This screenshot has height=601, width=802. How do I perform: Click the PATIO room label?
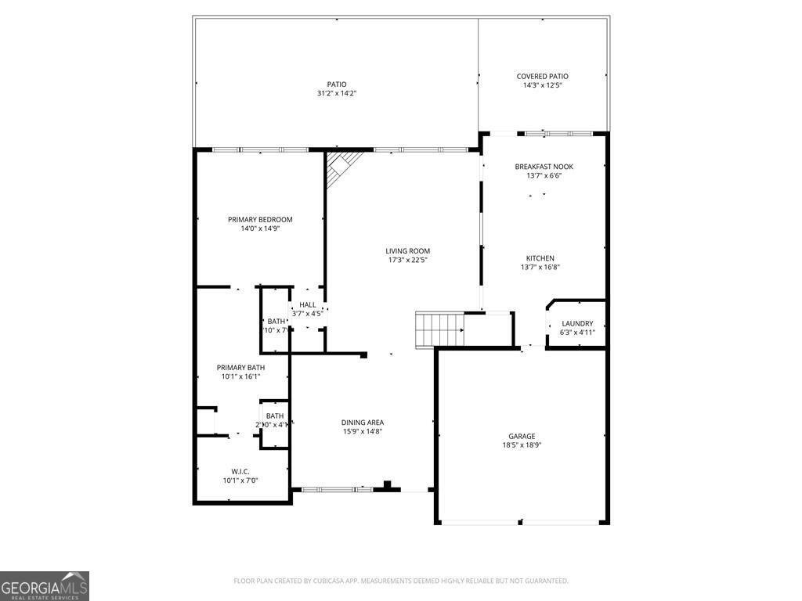click(x=337, y=85)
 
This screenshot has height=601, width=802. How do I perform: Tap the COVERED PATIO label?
click(x=542, y=76)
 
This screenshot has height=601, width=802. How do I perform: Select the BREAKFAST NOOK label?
click(x=544, y=167)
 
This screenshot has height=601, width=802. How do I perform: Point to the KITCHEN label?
click(x=540, y=258)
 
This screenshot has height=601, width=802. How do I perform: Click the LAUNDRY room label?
click(x=577, y=323)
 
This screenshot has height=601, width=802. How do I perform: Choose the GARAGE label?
click(x=522, y=436)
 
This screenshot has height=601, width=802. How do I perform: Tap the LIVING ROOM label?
click(x=408, y=251)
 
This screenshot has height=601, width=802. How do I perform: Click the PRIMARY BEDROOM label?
click(x=260, y=219)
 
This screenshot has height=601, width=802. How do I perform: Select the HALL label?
click(x=307, y=304)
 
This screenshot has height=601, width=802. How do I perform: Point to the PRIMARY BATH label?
click(x=240, y=367)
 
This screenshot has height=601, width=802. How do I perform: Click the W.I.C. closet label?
click(x=240, y=471)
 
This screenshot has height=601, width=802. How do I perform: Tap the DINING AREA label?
click(x=362, y=422)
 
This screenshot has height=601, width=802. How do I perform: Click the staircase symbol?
click(x=439, y=329)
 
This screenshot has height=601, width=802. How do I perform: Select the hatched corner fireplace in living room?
click(x=341, y=167)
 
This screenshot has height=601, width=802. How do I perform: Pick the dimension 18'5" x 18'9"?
click(x=522, y=445)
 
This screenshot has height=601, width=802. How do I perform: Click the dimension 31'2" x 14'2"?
click(x=337, y=94)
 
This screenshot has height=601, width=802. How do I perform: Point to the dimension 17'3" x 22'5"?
click(x=408, y=261)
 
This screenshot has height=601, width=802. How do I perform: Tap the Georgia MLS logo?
click(x=45, y=586)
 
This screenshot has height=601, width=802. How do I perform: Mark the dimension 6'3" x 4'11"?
click(x=577, y=333)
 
